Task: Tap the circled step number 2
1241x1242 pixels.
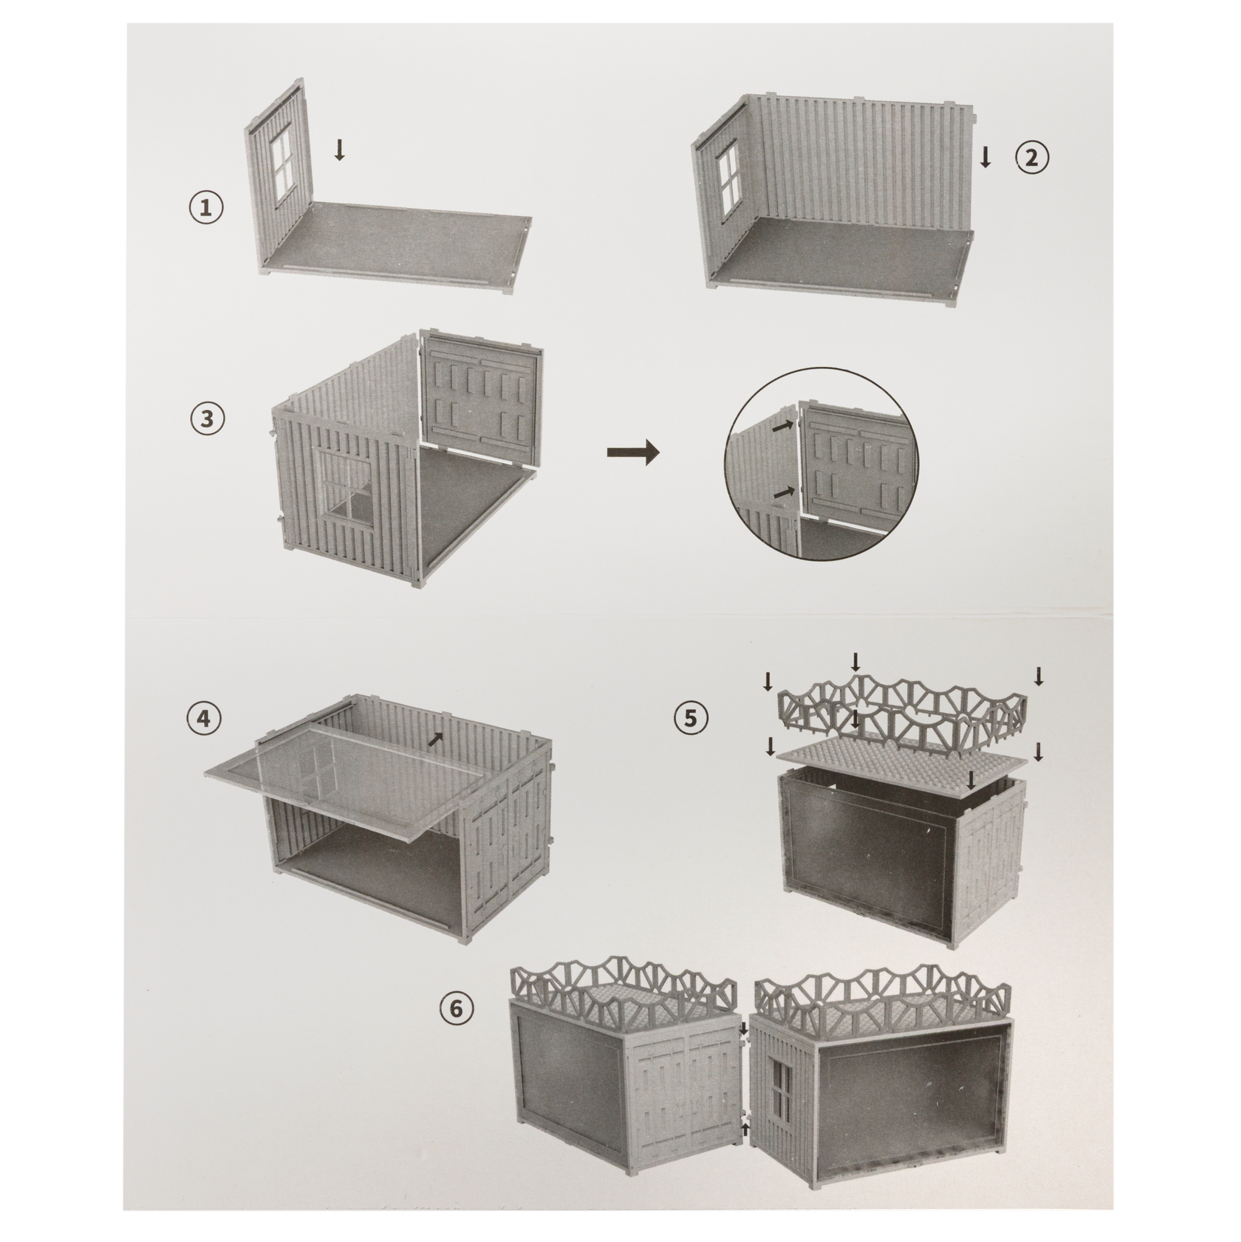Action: pos(1031,158)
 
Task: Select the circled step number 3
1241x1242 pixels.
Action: pos(207,418)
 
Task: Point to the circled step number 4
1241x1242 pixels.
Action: pos(204,718)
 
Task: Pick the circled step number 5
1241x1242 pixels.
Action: pos(690,718)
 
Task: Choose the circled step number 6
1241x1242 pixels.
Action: pos(456,1027)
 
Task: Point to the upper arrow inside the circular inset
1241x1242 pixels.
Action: pos(782,426)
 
